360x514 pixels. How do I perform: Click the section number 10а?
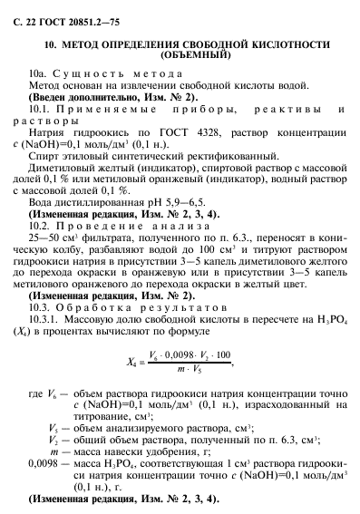pos(37,73)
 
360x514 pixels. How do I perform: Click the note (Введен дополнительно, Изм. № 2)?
pos(112,96)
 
